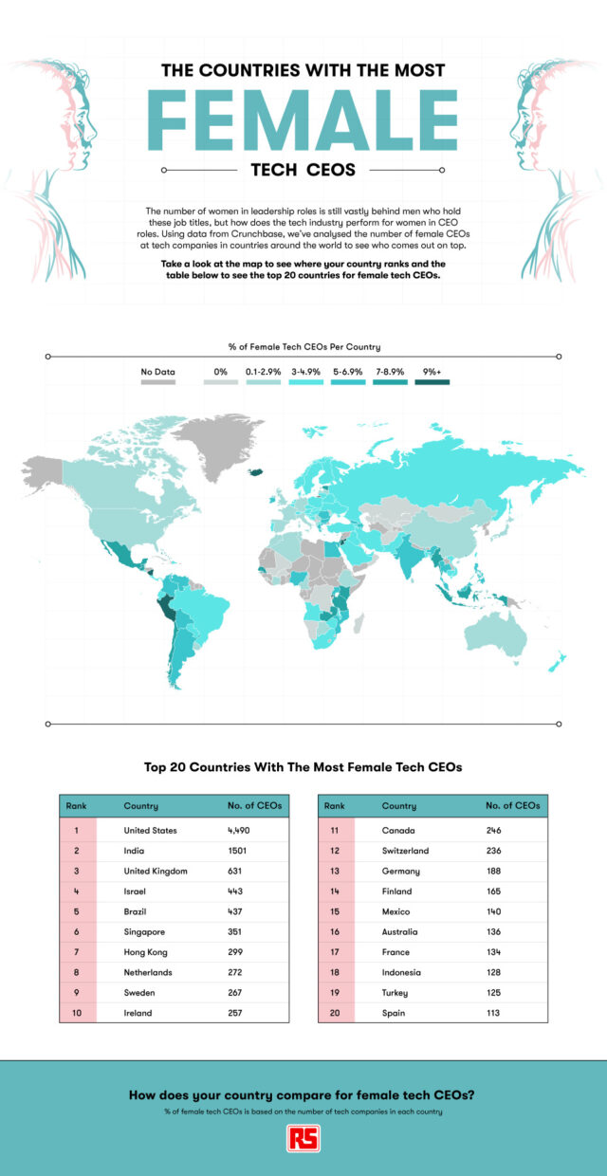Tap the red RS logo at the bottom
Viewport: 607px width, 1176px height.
click(303, 1139)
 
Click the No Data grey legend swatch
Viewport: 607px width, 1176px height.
click(158, 382)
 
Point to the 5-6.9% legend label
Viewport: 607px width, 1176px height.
click(347, 372)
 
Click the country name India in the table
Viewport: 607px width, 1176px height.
click(135, 851)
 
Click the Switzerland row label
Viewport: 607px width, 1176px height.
click(405, 851)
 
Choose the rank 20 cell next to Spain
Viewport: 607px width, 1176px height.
click(335, 1013)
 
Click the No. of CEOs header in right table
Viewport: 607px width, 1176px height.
click(512, 805)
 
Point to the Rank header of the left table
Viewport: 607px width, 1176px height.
click(76, 805)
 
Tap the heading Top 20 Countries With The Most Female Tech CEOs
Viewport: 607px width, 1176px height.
click(303, 766)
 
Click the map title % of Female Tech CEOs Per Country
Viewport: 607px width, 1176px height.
click(303, 346)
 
